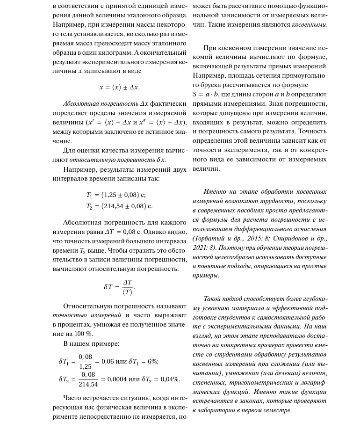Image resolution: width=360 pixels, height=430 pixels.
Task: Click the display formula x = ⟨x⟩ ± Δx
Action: [x=119, y=87]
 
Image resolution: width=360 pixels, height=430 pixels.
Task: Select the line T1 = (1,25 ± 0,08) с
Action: [x=119, y=195]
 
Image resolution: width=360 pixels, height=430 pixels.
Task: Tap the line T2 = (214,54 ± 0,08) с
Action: [x=119, y=205]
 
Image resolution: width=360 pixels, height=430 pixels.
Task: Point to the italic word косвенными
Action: [x=310, y=24]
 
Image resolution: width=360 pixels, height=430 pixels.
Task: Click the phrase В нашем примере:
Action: [x=85, y=344]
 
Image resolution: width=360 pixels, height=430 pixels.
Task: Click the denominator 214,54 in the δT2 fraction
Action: [x=88, y=384]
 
